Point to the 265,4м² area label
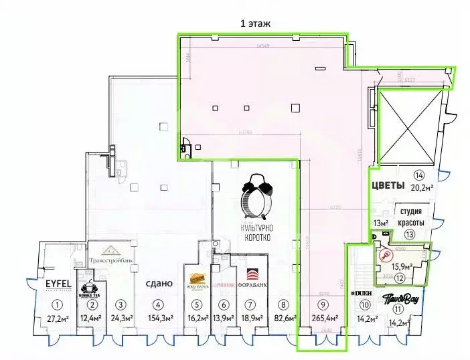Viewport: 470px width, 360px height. point(325,319)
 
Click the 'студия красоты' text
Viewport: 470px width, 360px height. point(410,215)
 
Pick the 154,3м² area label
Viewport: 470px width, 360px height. point(158,319)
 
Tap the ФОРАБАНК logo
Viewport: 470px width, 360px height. point(252,276)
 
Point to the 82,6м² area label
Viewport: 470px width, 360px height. point(285,319)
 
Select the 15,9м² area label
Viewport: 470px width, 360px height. point(404,266)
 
